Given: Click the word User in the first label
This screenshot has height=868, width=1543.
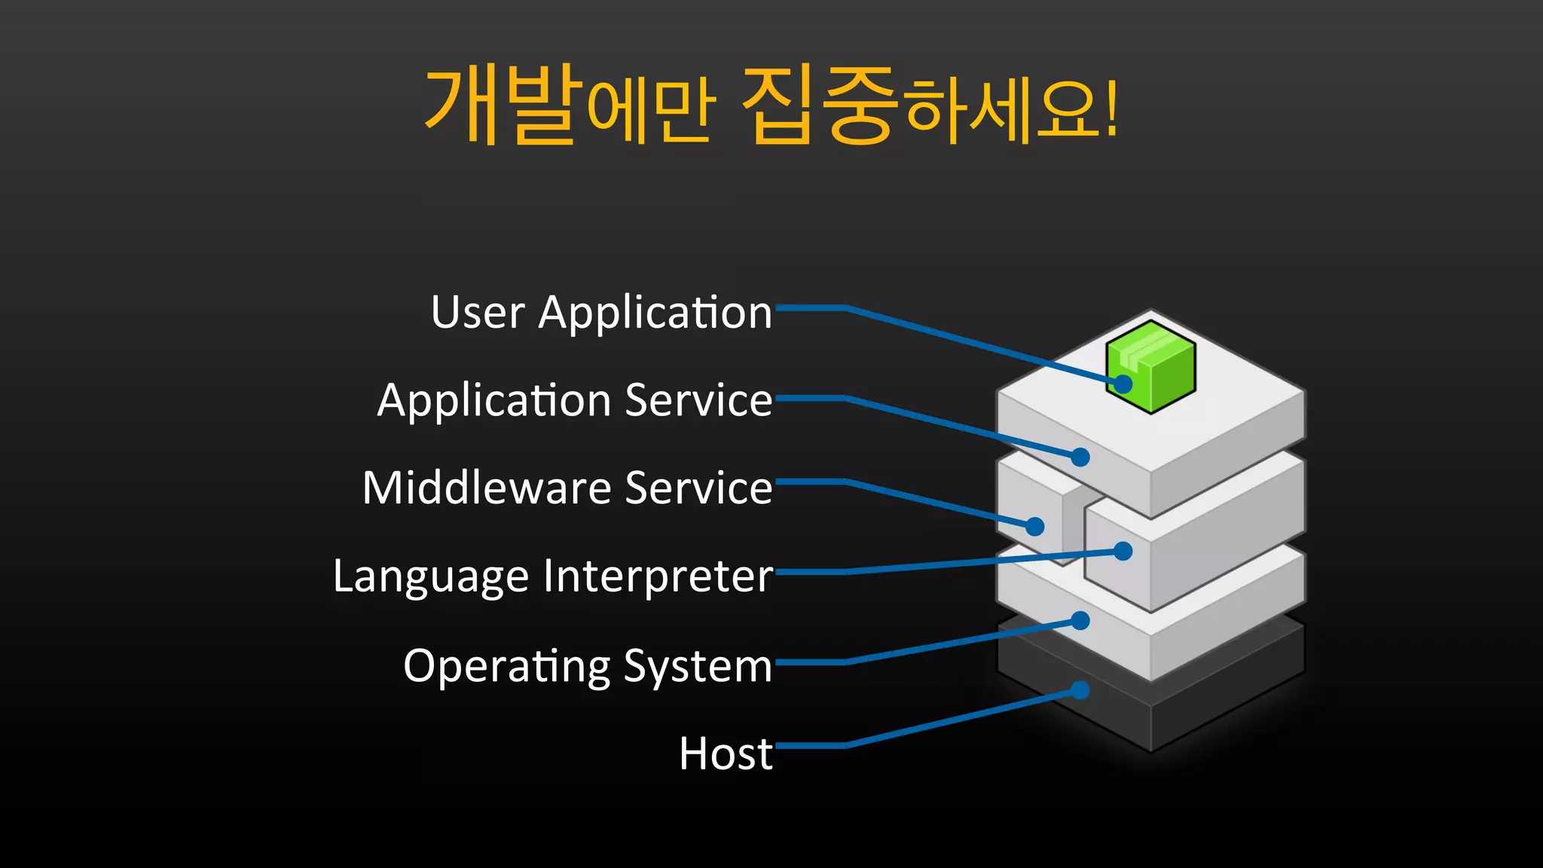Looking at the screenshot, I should tap(478, 312).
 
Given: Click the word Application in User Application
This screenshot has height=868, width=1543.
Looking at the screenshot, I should tap(655, 313).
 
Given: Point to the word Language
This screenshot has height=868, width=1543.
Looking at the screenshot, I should tap(432, 577).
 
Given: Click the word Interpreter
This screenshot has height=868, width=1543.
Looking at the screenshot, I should tap(658, 577).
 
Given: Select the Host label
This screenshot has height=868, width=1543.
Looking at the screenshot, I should tap(725, 753).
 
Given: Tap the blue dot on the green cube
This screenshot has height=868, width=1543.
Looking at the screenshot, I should tap(1123, 384).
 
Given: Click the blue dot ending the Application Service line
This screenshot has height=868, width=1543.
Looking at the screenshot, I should tap(1080, 457).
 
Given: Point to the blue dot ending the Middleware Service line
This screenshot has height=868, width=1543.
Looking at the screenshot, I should tap(1035, 526).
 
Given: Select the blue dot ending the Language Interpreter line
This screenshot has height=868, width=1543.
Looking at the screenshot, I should tap(1123, 552).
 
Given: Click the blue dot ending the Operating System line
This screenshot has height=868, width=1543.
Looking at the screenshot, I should tap(1080, 620).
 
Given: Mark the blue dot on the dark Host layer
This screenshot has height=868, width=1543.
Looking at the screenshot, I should tap(1080, 690).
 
